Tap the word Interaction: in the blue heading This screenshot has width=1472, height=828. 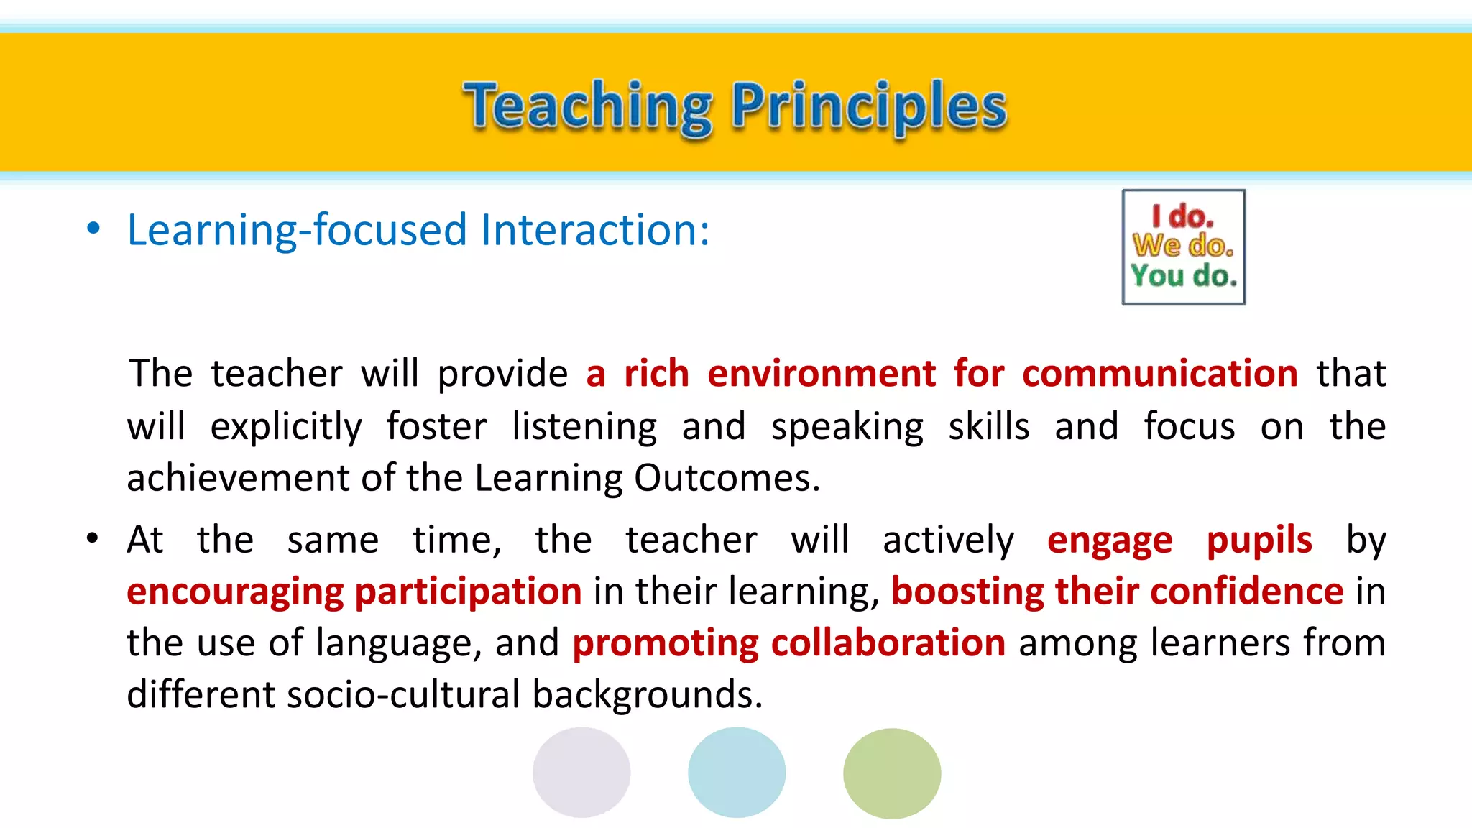pyautogui.click(x=595, y=230)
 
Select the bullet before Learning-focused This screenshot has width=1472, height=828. pyautogui.click(x=93, y=229)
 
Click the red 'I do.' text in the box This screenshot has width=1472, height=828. pyautogui.click(x=1182, y=216)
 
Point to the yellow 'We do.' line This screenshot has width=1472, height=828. pyautogui.click(x=1183, y=246)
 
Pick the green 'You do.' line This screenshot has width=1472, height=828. pyautogui.click(x=1183, y=275)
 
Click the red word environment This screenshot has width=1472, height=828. pyautogui.click(x=822, y=374)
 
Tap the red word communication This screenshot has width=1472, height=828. pyautogui.click(x=1159, y=374)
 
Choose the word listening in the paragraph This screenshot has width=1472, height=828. pyautogui.click(x=584, y=426)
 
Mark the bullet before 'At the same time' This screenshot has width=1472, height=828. pyautogui.click(x=92, y=538)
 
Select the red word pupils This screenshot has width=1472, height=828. pyautogui.click(x=1259, y=540)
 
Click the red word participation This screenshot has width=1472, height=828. pyautogui.click(x=468, y=592)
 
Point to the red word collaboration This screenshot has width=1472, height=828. pyautogui.click(x=888, y=643)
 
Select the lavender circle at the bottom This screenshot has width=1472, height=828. pyautogui.click(x=581, y=773)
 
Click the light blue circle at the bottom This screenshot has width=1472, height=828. pyautogui.click(x=737, y=773)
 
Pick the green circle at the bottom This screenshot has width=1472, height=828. pyautogui.click(x=892, y=773)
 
